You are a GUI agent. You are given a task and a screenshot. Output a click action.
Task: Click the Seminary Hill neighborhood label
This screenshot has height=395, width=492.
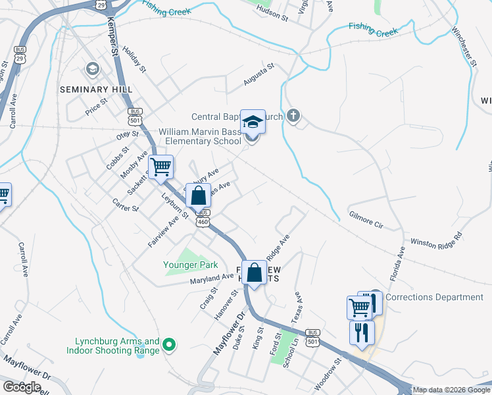(x=96, y=89)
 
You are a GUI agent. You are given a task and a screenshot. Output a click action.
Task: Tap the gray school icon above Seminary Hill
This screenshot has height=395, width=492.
(x=93, y=68)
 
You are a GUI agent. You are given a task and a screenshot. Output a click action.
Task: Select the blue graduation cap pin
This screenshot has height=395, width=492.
(x=253, y=122)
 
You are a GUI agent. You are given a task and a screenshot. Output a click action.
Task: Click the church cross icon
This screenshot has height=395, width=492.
(x=293, y=117)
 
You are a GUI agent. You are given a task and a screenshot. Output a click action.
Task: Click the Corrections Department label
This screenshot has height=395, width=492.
(x=434, y=297)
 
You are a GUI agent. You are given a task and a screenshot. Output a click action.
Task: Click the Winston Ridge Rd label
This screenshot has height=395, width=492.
(x=436, y=241)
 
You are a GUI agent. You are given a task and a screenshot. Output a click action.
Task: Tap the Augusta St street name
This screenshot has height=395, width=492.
(x=258, y=74)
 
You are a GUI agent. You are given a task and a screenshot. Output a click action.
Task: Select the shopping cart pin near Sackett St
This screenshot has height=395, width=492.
(x=160, y=167)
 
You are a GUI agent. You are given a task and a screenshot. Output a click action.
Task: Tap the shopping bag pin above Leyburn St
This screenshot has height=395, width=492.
(x=198, y=196)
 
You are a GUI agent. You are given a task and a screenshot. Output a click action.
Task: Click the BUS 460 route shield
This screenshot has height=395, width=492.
(x=203, y=218)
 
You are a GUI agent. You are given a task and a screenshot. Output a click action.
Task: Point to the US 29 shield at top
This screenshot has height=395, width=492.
(x=101, y=5)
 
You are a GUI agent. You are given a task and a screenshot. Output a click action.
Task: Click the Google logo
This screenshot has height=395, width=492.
(x=22, y=386)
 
